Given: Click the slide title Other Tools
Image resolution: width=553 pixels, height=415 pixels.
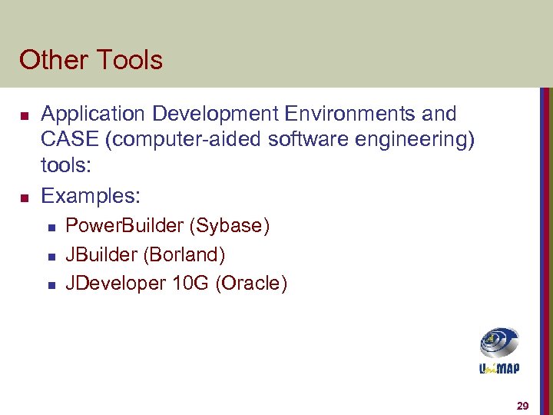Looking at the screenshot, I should (x=91, y=60).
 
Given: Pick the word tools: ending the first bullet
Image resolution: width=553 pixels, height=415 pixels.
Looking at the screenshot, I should (x=66, y=169).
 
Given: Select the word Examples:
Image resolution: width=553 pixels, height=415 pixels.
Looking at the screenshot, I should (x=91, y=197).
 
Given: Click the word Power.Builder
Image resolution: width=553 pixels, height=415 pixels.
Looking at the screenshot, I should (x=124, y=226).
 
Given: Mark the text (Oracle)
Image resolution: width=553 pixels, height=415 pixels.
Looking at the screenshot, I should (x=252, y=284).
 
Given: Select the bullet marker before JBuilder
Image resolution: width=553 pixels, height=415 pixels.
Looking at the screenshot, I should (x=50, y=256).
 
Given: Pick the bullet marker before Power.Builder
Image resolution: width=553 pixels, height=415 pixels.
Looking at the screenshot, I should (x=50, y=227).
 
